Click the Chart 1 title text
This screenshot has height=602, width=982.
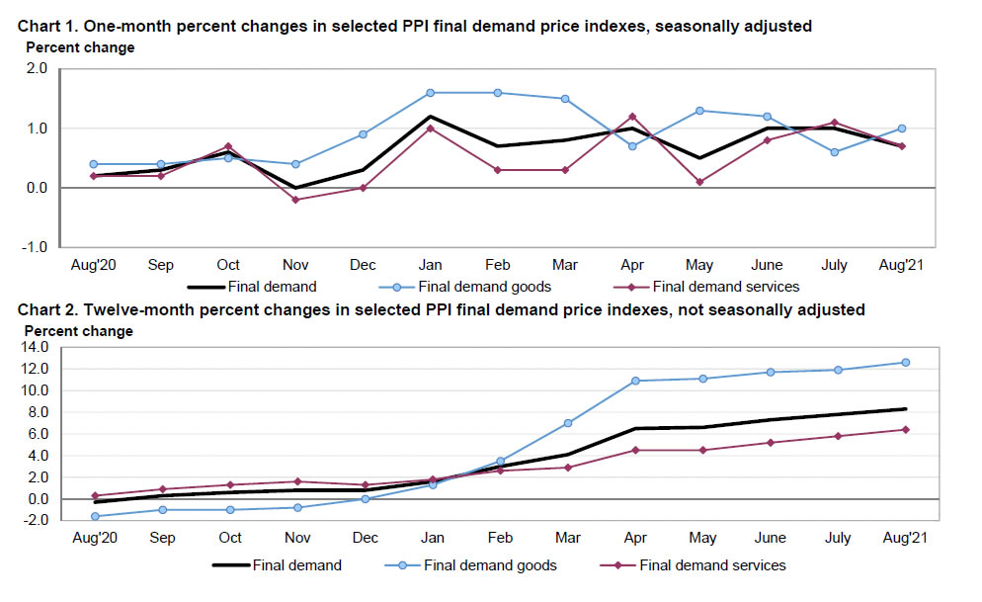tap(414, 26)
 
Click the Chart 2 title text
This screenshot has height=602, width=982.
tap(441, 310)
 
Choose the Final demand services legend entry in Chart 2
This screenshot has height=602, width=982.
tap(712, 565)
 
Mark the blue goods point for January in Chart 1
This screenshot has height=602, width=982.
tap(431, 93)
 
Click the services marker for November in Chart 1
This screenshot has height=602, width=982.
tap(296, 200)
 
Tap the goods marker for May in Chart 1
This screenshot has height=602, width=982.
tap(699, 111)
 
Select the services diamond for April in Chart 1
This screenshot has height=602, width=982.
tap(632, 117)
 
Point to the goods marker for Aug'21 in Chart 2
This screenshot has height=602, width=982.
tap(905, 363)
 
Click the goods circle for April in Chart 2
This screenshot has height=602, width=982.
tap(635, 381)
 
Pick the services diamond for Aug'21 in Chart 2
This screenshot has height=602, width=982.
tap(905, 429)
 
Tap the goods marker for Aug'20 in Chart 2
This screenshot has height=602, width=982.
tap(95, 516)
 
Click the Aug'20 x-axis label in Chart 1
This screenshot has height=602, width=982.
tap(95, 265)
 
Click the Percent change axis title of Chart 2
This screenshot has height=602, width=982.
tap(79, 331)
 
